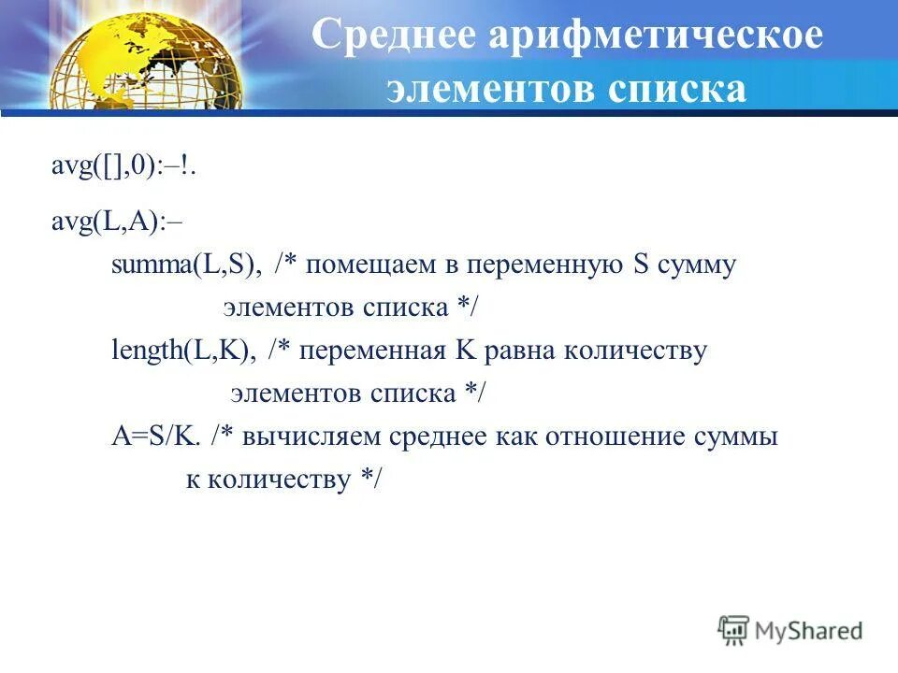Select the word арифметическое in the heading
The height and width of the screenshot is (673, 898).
pyautogui.click(x=655, y=35)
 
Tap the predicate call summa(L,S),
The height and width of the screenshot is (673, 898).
pyautogui.click(x=187, y=265)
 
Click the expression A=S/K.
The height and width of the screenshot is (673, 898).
pyautogui.click(x=155, y=437)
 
